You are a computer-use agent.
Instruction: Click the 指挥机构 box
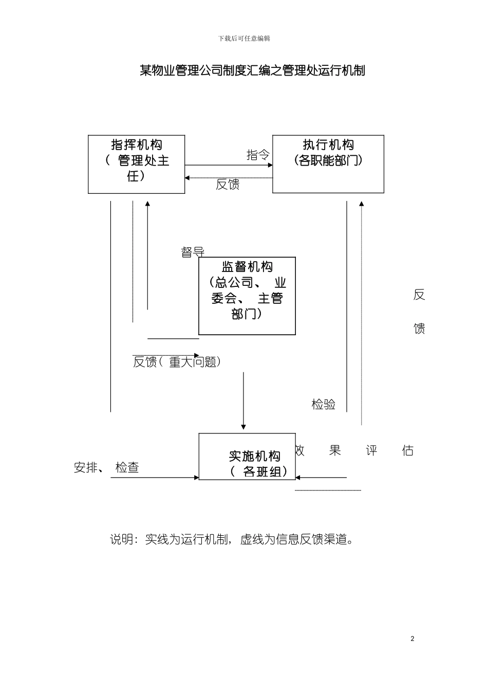click(136, 164)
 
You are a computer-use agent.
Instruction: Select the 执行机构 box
click(328, 163)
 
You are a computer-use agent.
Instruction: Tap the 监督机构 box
click(247, 296)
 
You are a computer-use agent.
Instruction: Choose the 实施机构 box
click(247, 457)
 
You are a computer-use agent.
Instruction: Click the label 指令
click(258, 155)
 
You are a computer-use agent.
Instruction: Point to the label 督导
click(193, 252)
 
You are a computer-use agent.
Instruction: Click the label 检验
click(323, 404)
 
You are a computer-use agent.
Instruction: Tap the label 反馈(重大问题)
click(177, 362)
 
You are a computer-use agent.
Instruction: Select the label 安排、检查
click(106, 467)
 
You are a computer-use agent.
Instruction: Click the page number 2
click(412, 639)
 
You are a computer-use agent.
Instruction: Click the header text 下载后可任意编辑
click(244, 39)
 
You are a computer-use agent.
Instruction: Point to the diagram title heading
click(252, 70)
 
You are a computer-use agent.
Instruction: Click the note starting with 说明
click(232, 539)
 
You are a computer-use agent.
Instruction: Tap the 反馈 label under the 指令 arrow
click(228, 184)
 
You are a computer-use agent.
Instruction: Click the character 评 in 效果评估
click(371, 451)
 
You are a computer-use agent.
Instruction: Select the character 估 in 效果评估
click(408, 451)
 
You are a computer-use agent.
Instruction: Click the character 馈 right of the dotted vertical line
click(419, 328)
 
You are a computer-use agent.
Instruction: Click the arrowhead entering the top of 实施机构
click(243, 427)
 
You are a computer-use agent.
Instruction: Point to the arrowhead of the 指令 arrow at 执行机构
click(270, 165)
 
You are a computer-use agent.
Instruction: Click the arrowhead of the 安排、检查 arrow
click(196, 478)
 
